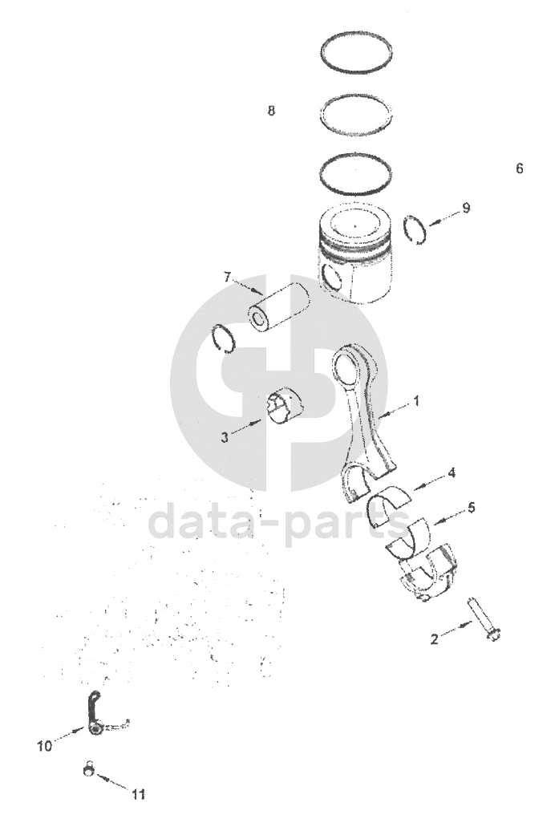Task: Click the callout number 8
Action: [x=271, y=111]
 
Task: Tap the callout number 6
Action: [x=520, y=168]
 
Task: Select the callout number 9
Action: [x=466, y=208]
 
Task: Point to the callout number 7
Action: [x=227, y=277]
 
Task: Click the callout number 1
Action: [x=416, y=401]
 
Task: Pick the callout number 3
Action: [x=225, y=437]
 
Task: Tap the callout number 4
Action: [x=452, y=473]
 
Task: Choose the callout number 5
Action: [x=471, y=508]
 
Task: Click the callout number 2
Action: [x=434, y=639]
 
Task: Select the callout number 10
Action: [x=45, y=746]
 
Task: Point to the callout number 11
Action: [x=138, y=794]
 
